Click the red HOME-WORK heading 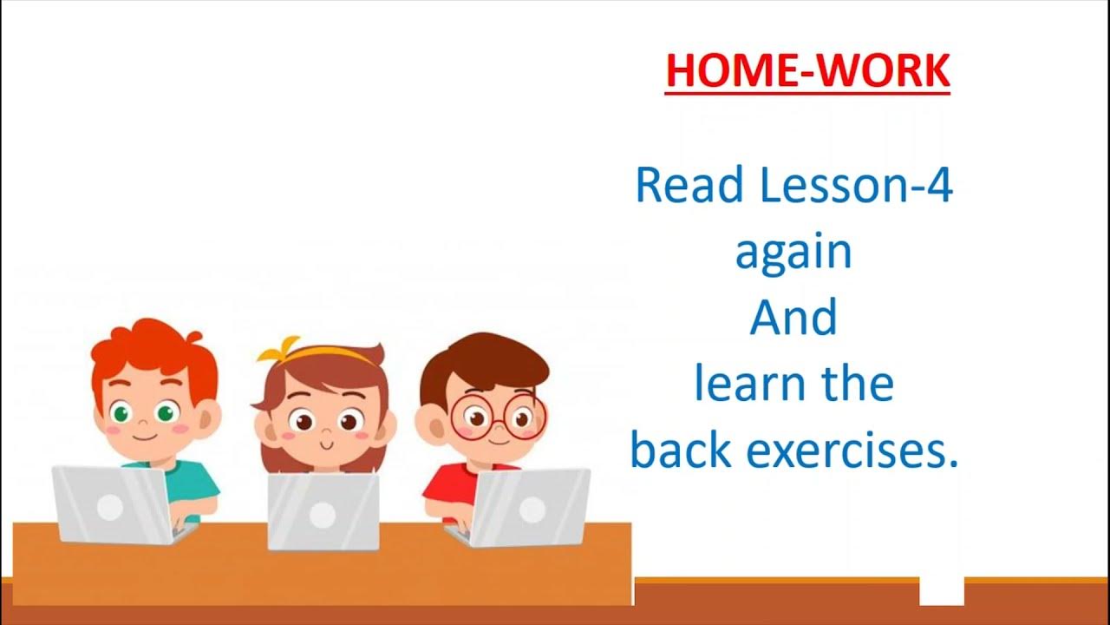pos(807,70)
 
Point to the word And pos(793,318)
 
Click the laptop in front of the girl pos(323,512)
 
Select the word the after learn pos(854,385)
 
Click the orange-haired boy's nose pos(143,424)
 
